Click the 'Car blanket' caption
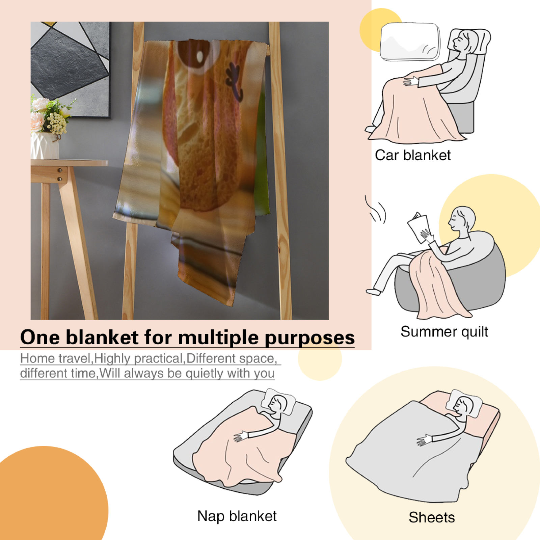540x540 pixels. (x=413, y=155)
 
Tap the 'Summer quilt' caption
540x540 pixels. (x=444, y=332)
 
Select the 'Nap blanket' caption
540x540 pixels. (x=237, y=516)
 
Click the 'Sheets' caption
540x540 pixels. (x=432, y=517)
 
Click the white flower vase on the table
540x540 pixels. (x=45, y=145)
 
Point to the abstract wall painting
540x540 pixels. (x=70, y=69)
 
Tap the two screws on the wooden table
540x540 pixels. (x=60, y=174)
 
